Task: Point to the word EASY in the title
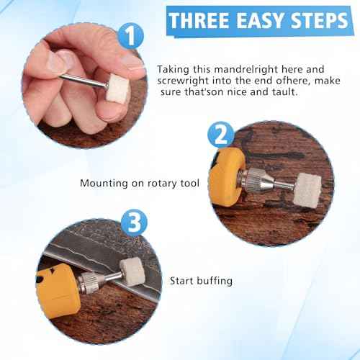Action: pos(266,19)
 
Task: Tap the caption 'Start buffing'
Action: pos(201,280)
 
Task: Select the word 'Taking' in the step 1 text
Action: pos(174,69)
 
